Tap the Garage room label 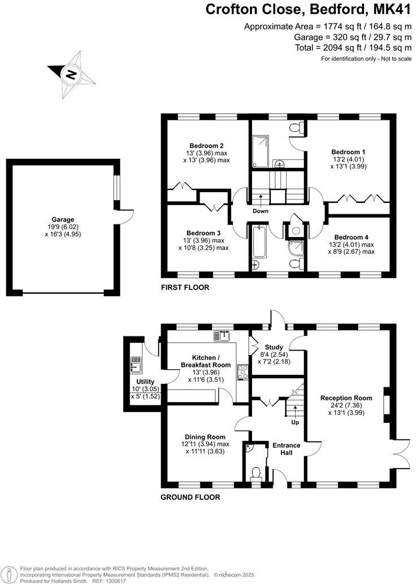point(63,219)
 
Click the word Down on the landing point(261,211)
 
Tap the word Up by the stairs point(294,422)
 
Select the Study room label point(274,347)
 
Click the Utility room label point(145,382)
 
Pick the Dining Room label point(205,436)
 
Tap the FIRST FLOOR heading point(185,288)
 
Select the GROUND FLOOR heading point(190,498)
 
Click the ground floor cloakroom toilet point(255,473)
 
